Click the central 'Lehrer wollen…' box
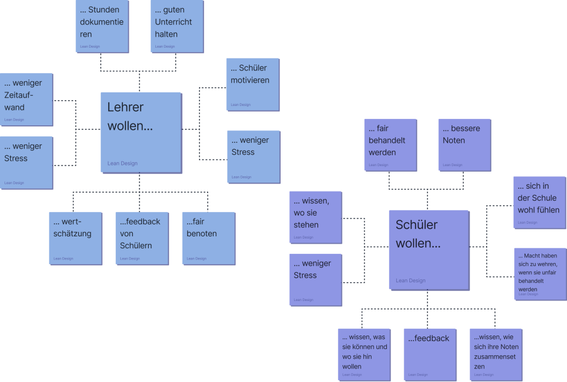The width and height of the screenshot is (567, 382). pos(141,132)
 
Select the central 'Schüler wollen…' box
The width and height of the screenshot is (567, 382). pos(429,249)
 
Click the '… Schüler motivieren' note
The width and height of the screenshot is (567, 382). pos(253,84)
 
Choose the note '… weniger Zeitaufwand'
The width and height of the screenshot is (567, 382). pos(26,99)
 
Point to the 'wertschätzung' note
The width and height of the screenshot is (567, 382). pos(75,238)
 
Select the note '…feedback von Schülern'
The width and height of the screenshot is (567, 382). pos(142,238)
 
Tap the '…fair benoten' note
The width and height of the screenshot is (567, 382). pos(208,238)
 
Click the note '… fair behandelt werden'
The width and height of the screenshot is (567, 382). pos(390,145)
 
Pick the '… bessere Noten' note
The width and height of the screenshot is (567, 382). pos(464,145)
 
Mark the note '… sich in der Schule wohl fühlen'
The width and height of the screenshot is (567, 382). pos(539,202)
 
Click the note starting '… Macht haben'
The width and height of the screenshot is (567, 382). pos(539,274)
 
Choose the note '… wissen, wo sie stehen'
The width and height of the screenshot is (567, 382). pos(315,217)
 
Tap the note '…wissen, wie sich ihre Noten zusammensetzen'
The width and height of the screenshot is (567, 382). pos(496,354)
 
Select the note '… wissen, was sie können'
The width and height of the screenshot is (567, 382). pos(363,354)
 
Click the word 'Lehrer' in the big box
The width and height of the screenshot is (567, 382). pos(126,107)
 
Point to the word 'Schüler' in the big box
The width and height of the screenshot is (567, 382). pos(417,225)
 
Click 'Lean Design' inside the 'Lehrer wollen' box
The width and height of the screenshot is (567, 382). pos(122,163)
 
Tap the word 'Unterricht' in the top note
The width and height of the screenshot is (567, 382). pos(174,22)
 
